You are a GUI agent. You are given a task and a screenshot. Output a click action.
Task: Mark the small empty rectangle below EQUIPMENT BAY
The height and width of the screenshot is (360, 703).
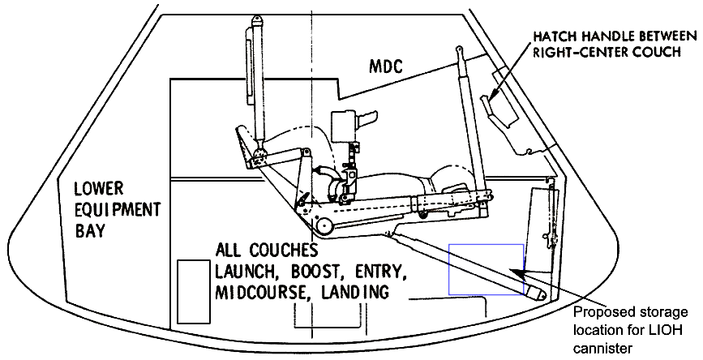pos(194,282)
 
